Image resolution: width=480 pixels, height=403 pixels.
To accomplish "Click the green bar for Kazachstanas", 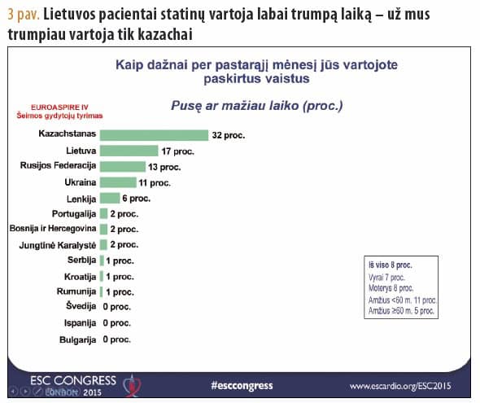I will [x=154, y=134].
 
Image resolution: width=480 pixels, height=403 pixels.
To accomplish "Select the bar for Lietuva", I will [x=129, y=151].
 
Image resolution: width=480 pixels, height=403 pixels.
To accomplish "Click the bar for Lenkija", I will [x=109, y=198].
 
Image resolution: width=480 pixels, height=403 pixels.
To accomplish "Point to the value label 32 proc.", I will [x=229, y=134].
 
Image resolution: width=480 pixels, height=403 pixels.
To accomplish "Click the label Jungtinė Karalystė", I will [x=56, y=245].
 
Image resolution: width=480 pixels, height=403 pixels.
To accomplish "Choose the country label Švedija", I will [x=81, y=306].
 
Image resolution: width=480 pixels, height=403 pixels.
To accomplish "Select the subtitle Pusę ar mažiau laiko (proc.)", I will [x=256, y=105].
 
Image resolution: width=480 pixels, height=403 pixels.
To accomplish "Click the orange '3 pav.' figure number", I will [x=22, y=15].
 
